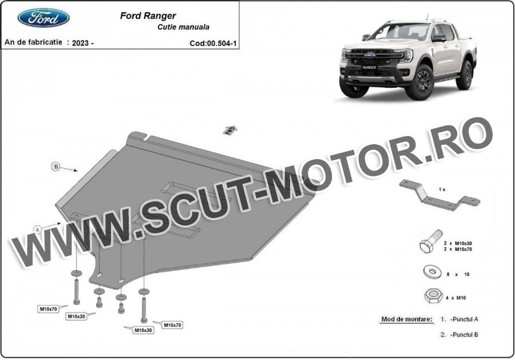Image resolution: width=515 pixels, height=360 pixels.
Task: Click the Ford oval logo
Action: (x=43, y=18)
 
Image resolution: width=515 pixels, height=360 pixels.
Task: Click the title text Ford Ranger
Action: (x=148, y=16)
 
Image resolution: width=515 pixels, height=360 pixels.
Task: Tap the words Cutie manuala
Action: (x=183, y=27)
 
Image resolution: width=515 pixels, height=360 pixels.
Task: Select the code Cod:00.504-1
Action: (x=213, y=43)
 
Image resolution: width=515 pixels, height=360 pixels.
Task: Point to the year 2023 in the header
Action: (x=80, y=43)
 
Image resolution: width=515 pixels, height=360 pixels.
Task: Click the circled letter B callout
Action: (x=56, y=167)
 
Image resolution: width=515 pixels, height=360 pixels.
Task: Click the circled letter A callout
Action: (x=38, y=230)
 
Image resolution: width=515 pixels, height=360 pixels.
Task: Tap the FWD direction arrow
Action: (x=230, y=130)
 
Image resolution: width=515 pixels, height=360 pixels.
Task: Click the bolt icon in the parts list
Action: (x=430, y=241)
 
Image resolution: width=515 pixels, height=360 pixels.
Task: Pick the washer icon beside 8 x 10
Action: (x=432, y=272)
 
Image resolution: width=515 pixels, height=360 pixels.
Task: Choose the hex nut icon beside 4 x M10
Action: (x=432, y=296)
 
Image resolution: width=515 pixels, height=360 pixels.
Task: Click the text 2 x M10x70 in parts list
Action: (x=458, y=250)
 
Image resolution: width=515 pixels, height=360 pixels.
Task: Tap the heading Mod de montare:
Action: (x=407, y=319)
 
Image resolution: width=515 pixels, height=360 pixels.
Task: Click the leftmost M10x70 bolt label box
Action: (x=48, y=308)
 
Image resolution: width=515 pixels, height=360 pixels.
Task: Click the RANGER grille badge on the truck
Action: (x=369, y=67)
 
